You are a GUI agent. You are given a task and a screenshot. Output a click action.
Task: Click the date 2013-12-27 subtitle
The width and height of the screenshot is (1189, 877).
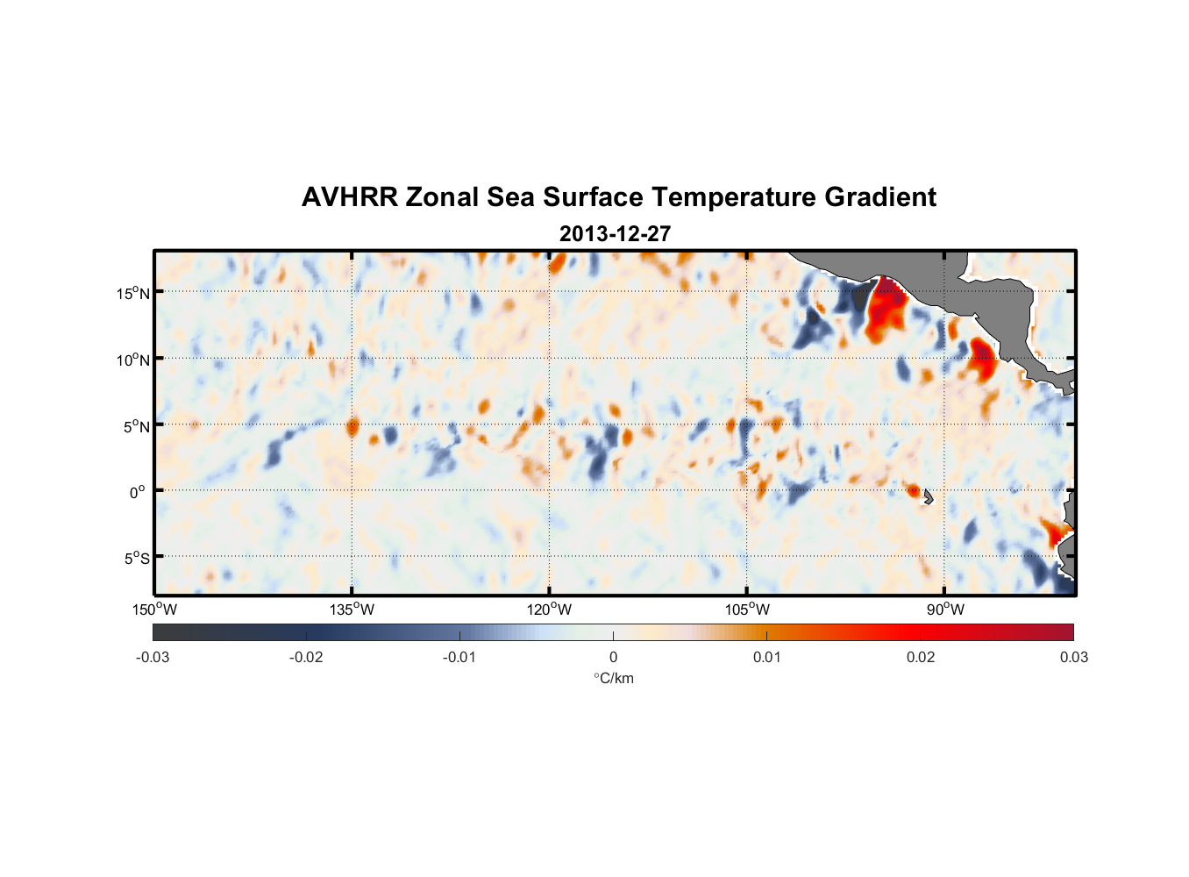pos(615,234)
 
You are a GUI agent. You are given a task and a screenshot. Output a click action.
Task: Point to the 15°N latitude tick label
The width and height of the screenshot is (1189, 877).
pos(133,293)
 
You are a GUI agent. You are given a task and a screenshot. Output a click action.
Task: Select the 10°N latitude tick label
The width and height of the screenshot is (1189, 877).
pos(133,360)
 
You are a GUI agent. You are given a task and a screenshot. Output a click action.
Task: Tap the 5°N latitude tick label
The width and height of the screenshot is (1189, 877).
pos(136,426)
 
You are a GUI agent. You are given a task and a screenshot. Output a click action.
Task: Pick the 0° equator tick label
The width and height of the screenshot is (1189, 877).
pos(138,493)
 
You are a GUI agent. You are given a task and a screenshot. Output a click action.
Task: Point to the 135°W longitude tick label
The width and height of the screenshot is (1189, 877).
pos(352,610)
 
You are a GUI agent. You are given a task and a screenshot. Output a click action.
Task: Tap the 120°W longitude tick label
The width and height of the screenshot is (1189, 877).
pos(550,610)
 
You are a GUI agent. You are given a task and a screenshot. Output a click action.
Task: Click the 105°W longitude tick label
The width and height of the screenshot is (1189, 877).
pos(747,610)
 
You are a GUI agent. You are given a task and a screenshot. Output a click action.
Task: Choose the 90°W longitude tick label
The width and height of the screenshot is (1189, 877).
pos(945,610)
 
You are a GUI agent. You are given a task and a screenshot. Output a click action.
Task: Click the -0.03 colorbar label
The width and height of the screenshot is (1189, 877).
pos(153,657)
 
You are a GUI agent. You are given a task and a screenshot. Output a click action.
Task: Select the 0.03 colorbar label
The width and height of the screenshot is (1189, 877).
pos(1073,657)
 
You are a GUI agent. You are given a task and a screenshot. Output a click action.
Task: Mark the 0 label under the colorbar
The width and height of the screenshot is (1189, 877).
pos(613,657)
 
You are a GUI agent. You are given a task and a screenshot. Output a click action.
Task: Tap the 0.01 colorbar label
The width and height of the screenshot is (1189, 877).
pos(766,657)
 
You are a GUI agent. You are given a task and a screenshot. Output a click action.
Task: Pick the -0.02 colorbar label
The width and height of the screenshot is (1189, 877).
pos(306,657)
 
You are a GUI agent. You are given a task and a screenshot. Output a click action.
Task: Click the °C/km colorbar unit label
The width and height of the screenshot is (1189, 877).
pos(613,678)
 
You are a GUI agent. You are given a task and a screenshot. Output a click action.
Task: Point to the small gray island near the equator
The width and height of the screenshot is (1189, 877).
pos(928,496)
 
